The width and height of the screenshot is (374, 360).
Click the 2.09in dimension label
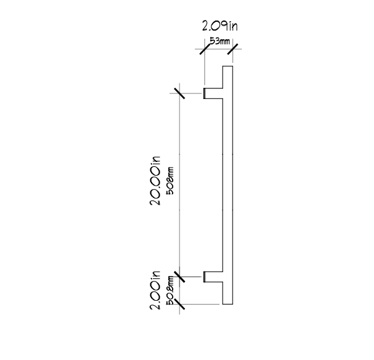pyautogui.click(x=220, y=26)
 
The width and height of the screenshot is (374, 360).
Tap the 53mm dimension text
pyautogui.click(x=219, y=41)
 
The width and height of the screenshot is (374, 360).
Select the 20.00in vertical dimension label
pyautogui.click(x=155, y=181)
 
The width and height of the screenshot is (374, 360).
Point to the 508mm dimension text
pyautogui.click(x=171, y=181)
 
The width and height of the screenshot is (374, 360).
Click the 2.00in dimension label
pyautogui.click(x=155, y=290)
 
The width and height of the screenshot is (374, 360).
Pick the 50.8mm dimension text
pyautogui.click(x=170, y=290)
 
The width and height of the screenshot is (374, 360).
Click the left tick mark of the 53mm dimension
pyautogui.click(x=205, y=49)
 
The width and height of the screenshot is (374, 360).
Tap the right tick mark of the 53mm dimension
pyautogui.click(x=233, y=49)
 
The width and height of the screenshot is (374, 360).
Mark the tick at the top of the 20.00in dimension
pyautogui.click(x=180, y=93)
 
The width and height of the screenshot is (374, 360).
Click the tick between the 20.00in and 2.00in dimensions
pyautogui.click(x=180, y=277)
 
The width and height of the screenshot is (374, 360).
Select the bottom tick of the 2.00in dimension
pyautogui.click(x=180, y=304)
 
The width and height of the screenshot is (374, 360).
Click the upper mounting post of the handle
pyautogui.click(x=213, y=93)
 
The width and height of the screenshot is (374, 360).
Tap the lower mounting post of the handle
pyautogui.click(x=213, y=277)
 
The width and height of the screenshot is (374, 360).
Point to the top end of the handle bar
pyautogui.click(x=228, y=66)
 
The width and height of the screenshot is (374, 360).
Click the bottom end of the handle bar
pyautogui.click(x=228, y=304)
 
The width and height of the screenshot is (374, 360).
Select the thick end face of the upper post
pyautogui.click(x=204, y=93)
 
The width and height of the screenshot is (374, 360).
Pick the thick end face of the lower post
pyautogui.click(x=204, y=277)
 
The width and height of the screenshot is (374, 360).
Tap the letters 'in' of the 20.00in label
pyautogui.click(x=155, y=160)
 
